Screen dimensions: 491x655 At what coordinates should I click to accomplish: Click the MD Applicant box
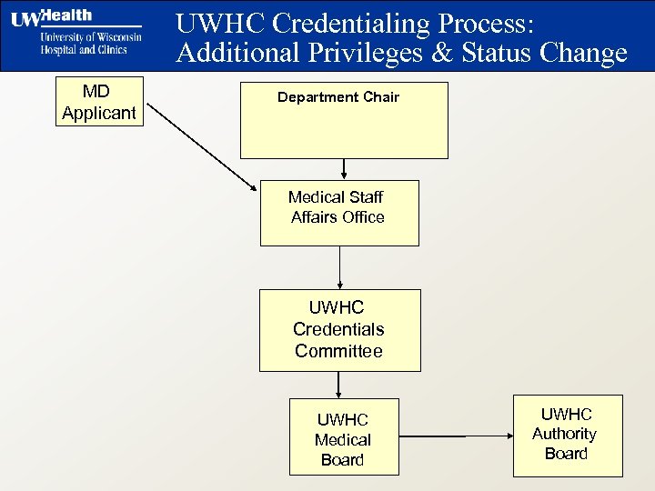[x=99, y=102]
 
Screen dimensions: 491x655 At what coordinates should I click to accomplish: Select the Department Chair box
[x=344, y=120]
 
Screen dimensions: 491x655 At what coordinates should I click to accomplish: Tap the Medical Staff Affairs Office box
[x=339, y=213]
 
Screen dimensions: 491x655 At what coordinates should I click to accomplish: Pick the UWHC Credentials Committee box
[x=339, y=330]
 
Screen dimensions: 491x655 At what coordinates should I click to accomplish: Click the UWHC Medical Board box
[x=343, y=436]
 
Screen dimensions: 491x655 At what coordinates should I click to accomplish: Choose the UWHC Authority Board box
[x=567, y=435]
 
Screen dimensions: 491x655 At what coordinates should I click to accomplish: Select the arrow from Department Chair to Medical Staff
[x=344, y=169]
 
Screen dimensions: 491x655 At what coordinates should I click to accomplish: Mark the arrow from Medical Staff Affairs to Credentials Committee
[x=339, y=267]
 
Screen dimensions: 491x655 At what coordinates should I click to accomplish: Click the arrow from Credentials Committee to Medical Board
[x=338, y=385]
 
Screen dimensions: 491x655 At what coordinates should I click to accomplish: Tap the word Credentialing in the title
[x=347, y=23]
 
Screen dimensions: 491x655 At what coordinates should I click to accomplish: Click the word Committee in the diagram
[x=338, y=351]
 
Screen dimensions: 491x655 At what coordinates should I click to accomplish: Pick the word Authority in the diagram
[x=564, y=434]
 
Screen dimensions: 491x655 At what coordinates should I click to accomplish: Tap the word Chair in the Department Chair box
[x=380, y=97]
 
